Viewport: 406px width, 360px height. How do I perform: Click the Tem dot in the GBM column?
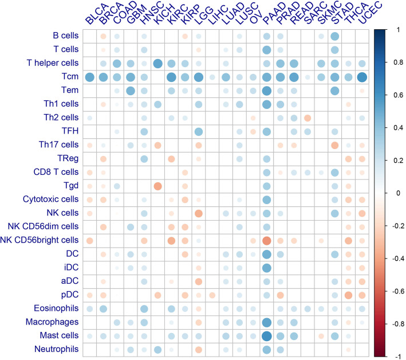point(130,91)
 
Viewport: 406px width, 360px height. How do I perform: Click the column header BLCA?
point(92,14)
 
